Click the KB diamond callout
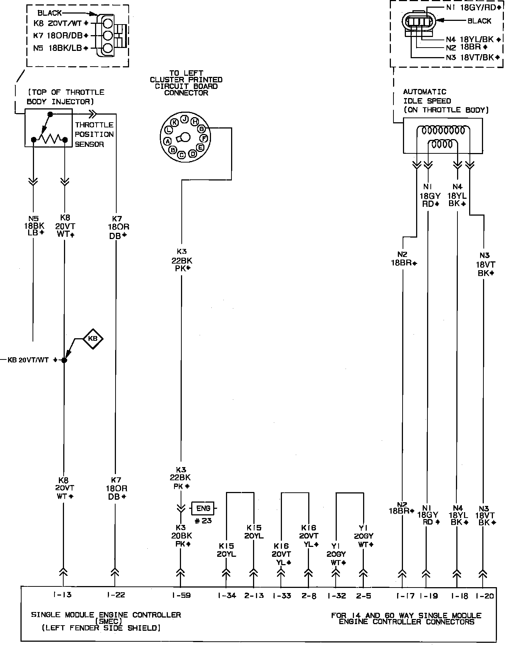point(93,339)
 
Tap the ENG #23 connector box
point(203,508)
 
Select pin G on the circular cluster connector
point(201,129)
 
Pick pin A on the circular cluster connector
point(167,141)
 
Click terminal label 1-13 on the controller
point(62,595)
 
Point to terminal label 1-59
point(181,596)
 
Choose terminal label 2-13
point(254,596)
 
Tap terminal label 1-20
point(485,596)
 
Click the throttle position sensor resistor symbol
point(51,139)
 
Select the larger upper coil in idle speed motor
point(442,130)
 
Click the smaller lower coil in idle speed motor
point(442,144)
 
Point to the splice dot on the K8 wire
point(64,360)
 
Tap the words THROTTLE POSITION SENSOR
point(94,134)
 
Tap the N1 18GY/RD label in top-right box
point(473,7)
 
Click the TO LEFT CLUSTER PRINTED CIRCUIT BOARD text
point(186,83)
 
